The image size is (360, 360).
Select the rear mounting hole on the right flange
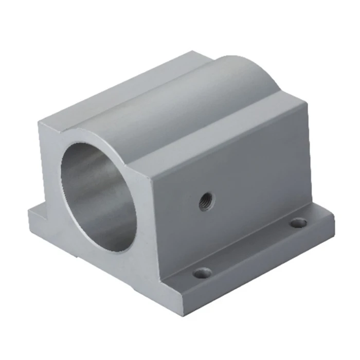click(x=298, y=223)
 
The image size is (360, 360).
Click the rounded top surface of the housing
click(x=206, y=98)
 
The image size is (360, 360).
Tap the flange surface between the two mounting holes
click(x=252, y=247)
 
